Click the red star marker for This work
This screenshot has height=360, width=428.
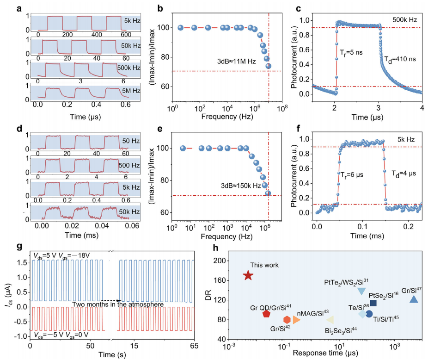pos(248,275)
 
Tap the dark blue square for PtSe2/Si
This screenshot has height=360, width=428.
pos(373,303)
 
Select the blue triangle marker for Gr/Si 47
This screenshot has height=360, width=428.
pos(414,299)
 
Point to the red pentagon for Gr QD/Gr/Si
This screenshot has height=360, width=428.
pos(266,314)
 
